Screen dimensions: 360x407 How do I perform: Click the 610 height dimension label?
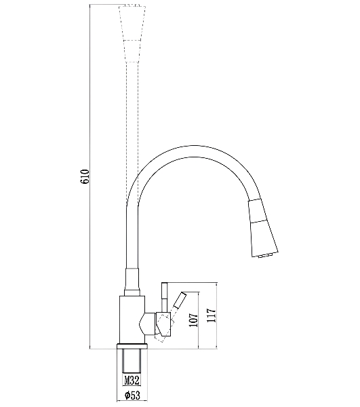85,177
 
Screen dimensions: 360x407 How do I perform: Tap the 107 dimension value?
193,319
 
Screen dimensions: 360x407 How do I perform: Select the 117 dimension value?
212,315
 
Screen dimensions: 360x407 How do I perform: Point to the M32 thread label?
132,381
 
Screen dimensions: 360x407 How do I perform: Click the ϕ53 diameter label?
132,395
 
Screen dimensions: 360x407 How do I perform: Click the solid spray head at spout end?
262,228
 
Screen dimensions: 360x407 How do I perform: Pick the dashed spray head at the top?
131,33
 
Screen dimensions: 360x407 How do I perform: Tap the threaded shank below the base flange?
132,362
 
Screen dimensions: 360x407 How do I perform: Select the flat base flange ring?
132,347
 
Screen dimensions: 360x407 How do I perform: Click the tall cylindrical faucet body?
132,319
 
